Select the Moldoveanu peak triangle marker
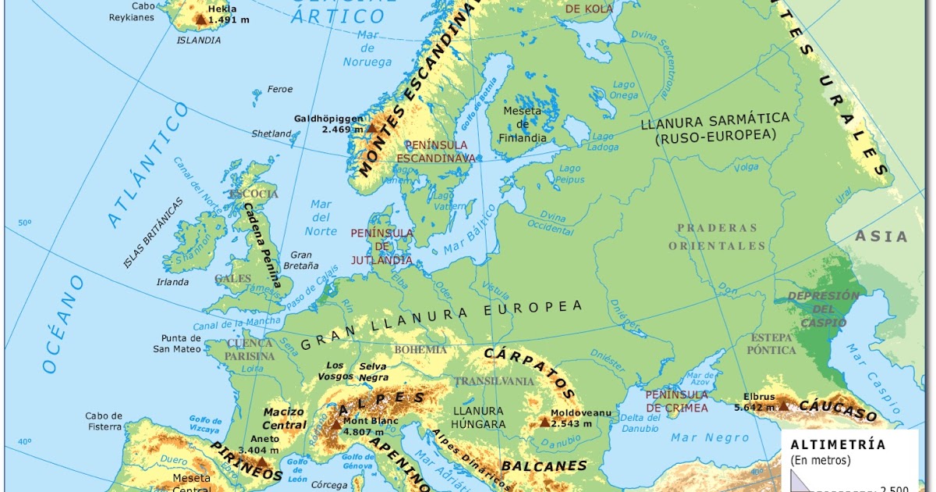pyautogui.click(x=544, y=422)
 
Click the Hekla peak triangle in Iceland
pyautogui.click(x=201, y=20)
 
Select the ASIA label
pyautogui.click(x=881, y=236)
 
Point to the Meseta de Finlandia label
pyautogui.click(x=523, y=125)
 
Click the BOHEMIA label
pyautogui.click(x=420, y=349)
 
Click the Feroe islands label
pyautogui.click(x=280, y=89)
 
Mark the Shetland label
pyautogui.click(x=271, y=134)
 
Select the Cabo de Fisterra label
pyautogui.click(x=104, y=421)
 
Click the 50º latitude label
pyautogui.click(x=26, y=223)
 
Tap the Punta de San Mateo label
pyautogui.click(x=177, y=344)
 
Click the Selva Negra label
pyautogui.click(x=373, y=372)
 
